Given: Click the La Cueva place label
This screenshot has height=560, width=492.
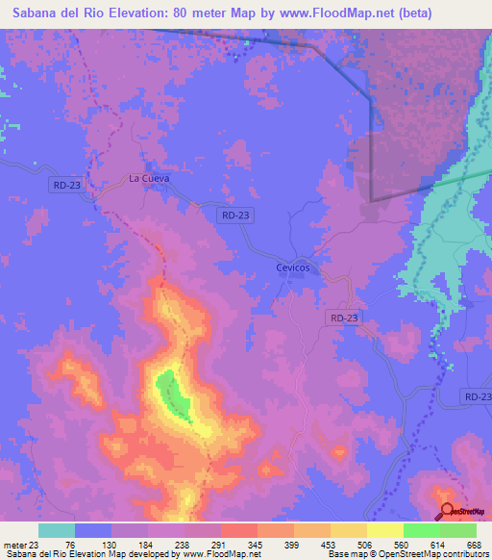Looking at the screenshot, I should click(149, 178).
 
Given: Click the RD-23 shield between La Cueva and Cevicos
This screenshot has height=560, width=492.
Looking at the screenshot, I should click(235, 216).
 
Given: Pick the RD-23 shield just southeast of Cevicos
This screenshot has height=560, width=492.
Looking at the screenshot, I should click(343, 317).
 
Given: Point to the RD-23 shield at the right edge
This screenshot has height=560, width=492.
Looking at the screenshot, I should click(476, 396).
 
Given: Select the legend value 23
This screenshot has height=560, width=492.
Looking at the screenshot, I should click(38, 544).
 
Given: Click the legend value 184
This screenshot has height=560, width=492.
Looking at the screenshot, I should click(147, 544).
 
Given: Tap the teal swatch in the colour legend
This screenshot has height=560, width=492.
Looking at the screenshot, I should click(57, 530).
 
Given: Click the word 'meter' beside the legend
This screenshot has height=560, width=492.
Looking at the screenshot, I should click(15, 544).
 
